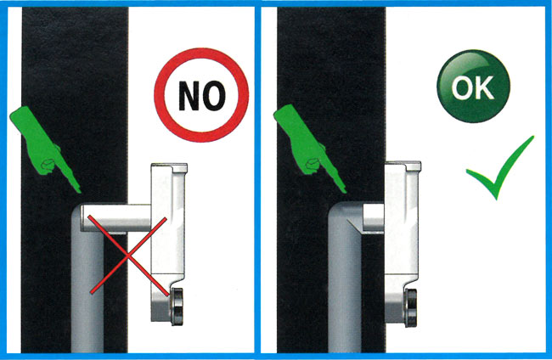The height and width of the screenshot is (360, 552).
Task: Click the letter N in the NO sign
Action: pos(189,95)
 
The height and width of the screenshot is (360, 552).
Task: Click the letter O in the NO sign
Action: pos(214,95)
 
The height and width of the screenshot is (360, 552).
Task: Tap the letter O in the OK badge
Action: pos(463,87)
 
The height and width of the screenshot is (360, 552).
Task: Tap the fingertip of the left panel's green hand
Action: pos(80,191)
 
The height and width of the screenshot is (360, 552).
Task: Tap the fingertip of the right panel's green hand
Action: pos(345,191)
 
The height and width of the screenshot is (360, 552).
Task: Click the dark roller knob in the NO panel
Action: pos(177,307)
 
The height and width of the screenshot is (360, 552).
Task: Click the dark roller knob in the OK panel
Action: pos(411,307)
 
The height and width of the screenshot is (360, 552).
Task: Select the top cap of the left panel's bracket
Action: pos(170,167)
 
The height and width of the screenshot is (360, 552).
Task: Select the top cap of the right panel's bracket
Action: pos(403,166)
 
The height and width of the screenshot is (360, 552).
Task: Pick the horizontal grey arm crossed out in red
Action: pos(116,218)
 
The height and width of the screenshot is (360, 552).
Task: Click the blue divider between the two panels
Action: pos(257,180)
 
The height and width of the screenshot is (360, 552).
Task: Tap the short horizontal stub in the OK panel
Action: pos(373,218)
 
